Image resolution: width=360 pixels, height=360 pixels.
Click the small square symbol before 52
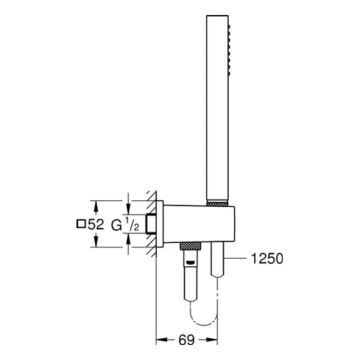point(80,223)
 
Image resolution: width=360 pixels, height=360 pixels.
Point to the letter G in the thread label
point(116,223)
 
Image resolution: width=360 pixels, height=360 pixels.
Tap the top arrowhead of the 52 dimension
point(96,203)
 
